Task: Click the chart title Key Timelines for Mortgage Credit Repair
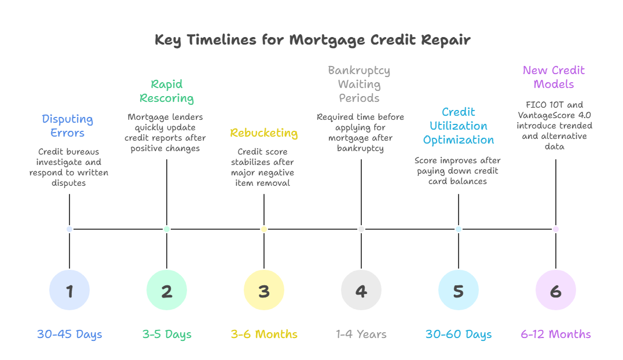point(313,41)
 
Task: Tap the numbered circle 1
point(69,291)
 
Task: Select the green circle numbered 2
point(167,291)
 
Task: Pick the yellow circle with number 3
point(264,291)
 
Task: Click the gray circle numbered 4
point(361,291)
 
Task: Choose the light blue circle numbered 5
point(459,291)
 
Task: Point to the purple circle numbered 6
point(556,291)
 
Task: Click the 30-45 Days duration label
point(69,335)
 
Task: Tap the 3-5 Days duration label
point(167,335)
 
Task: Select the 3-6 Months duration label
point(264,335)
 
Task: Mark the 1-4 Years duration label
point(361,335)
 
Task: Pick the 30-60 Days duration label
point(459,335)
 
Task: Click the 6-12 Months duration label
point(556,335)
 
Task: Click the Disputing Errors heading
point(68,126)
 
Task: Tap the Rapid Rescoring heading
point(167,91)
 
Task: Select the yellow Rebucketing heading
point(264,133)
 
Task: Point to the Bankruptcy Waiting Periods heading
point(360,85)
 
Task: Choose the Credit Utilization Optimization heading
point(459,126)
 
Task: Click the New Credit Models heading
point(554,78)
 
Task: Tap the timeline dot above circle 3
point(264,229)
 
